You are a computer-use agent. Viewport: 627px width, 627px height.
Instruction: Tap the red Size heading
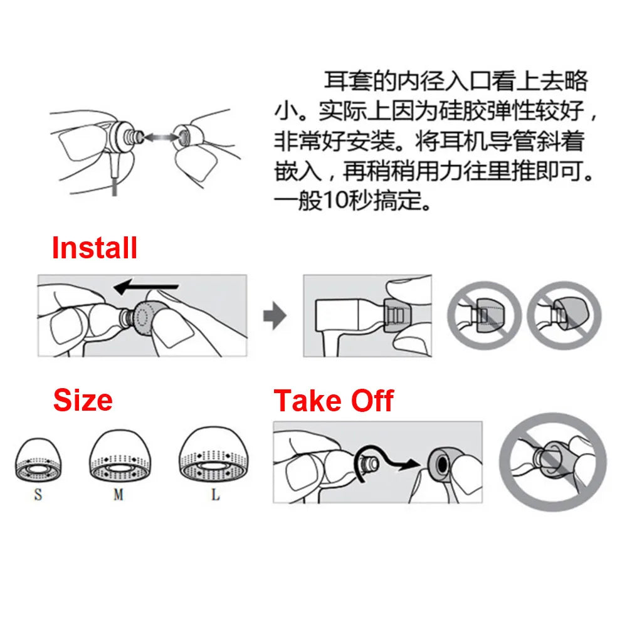click(83, 400)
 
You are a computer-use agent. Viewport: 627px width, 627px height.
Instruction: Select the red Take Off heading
click(334, 400)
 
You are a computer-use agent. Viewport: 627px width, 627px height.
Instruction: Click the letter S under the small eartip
click(38, 495)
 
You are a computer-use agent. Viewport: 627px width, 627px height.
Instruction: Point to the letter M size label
click(118, 495)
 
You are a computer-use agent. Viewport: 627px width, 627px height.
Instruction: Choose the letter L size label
click(215, 495)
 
